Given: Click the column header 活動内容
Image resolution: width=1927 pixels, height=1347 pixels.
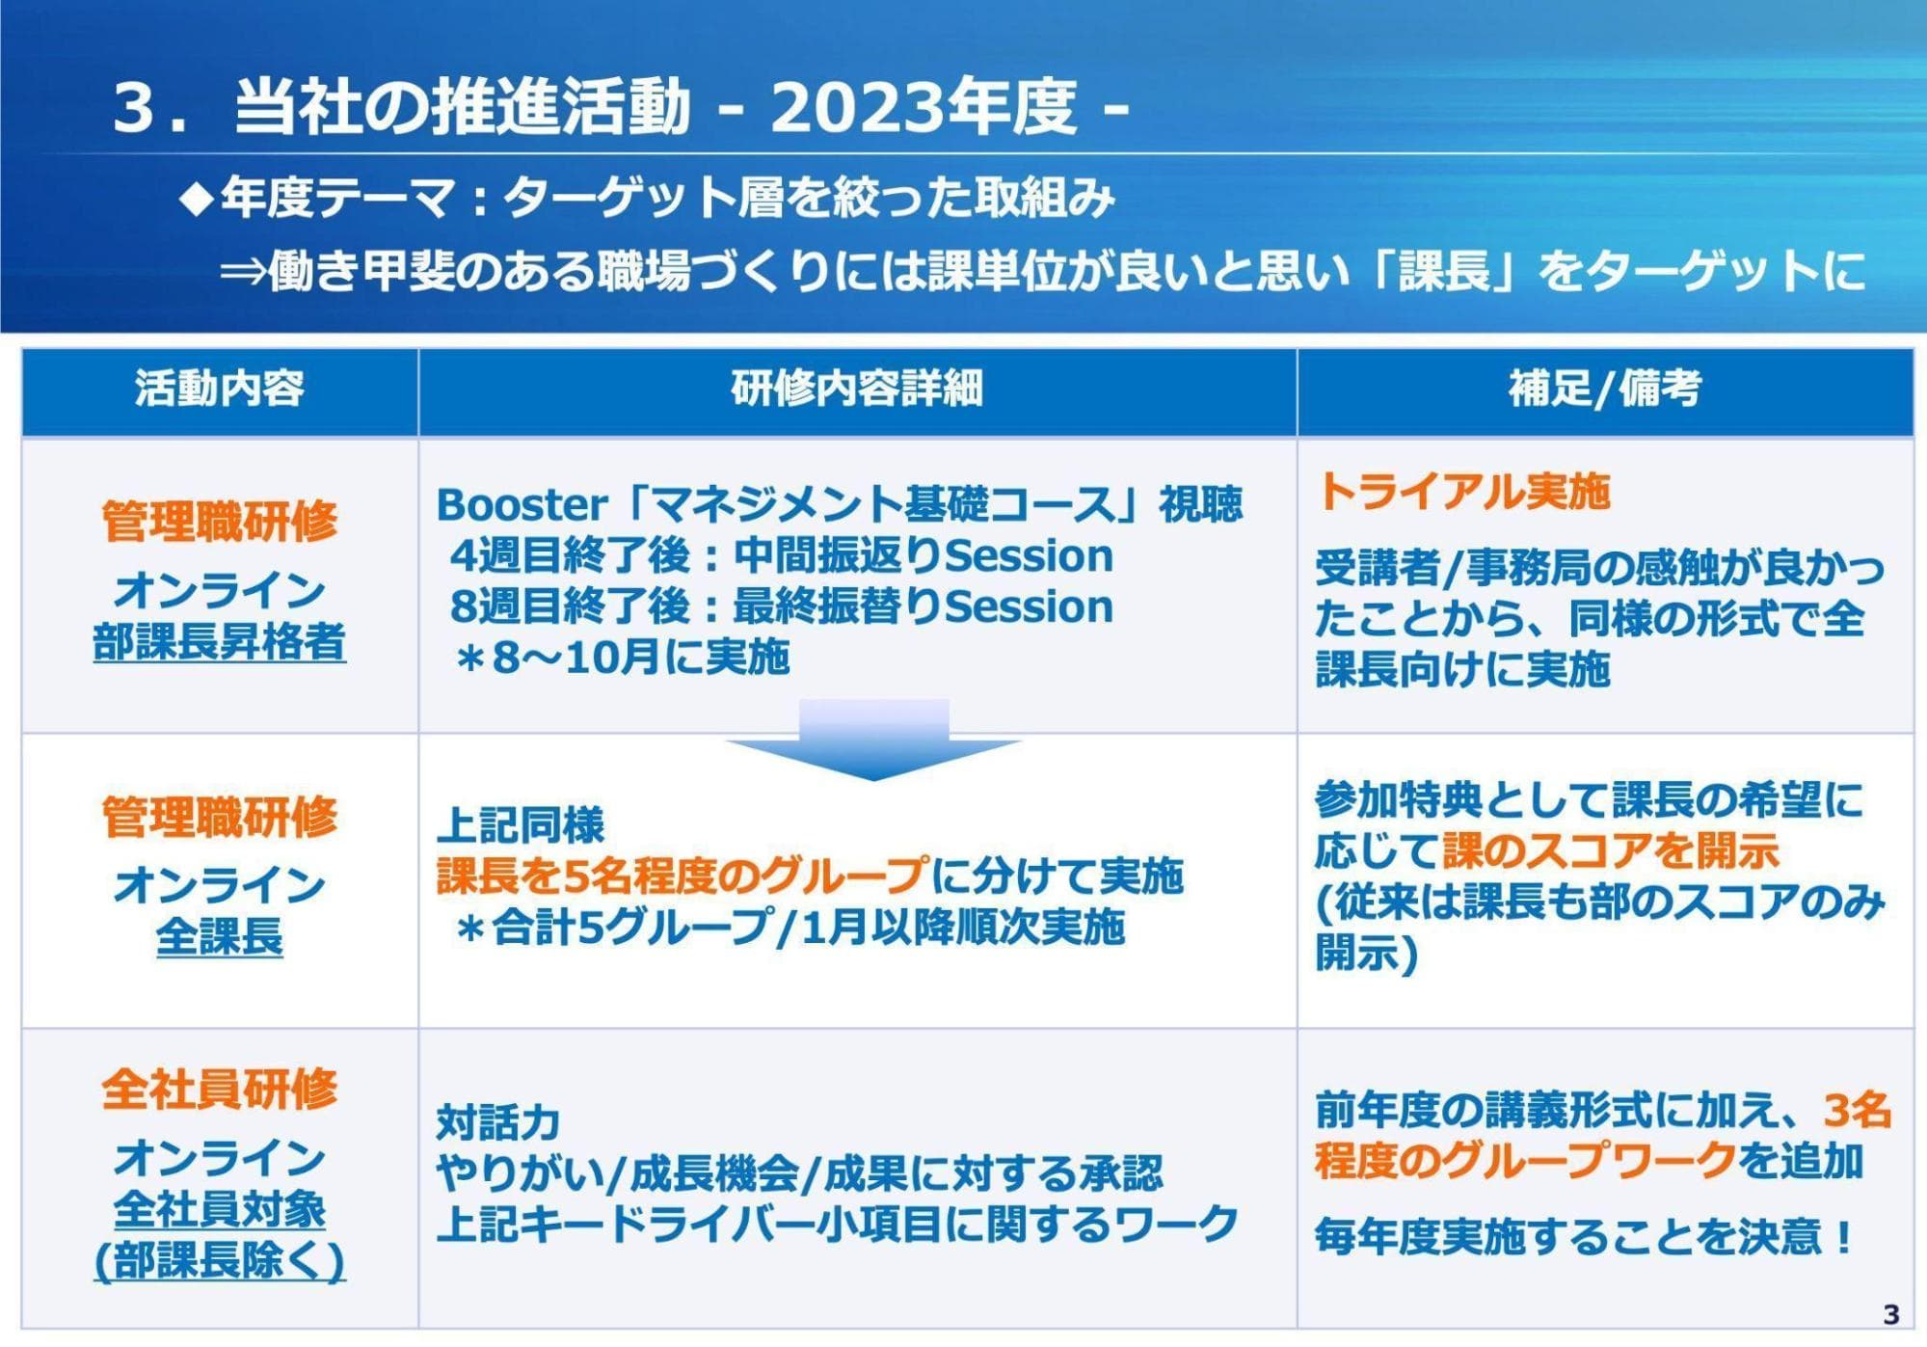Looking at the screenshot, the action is pos(220,390).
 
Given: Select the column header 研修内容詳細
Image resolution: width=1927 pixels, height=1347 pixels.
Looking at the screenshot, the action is pos(857,390).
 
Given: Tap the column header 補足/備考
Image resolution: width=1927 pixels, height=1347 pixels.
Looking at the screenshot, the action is pos(1605,390).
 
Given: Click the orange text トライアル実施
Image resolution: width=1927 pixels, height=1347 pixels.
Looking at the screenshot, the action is pos(1463,492).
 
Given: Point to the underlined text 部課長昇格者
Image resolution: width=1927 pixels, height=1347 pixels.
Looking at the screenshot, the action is pos(220,642).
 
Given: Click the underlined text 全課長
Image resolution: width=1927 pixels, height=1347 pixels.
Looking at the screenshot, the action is pos(220,936).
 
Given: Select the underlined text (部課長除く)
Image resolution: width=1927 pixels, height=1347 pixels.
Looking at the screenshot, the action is pos(220,1261).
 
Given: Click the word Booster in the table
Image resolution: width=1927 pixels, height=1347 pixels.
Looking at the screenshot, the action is pos(522,504).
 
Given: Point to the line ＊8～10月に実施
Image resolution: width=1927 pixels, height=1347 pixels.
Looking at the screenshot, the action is pos(623,658).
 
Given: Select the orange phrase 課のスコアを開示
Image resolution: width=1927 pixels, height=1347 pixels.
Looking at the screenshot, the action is pos(1611,851).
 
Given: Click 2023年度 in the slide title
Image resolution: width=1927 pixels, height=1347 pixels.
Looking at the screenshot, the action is pos(923,108).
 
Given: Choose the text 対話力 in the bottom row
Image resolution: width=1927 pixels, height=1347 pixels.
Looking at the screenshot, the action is pos(498,1123).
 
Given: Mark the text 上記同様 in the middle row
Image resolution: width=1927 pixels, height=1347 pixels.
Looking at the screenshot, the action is pos(521,825).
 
